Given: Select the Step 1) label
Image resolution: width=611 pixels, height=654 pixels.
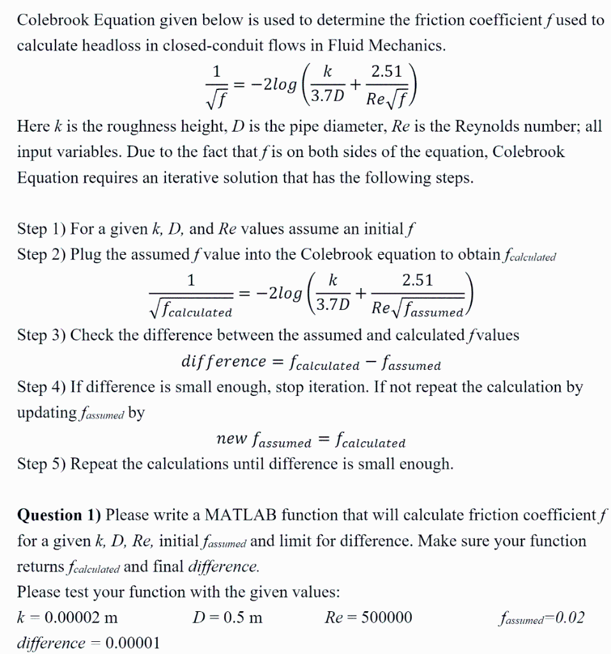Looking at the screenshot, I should (x=41, y=229).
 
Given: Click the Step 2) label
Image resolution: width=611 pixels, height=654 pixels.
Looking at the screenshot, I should (x=41, y=254).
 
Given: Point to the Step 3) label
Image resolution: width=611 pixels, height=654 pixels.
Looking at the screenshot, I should (x=41, y=335).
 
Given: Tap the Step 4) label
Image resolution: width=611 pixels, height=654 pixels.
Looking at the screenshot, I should (x=41, y=386).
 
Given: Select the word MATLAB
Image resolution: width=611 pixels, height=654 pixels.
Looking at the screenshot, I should (x=245, y=515).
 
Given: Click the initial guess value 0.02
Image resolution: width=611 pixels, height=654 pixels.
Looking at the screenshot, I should (x=570, y=618).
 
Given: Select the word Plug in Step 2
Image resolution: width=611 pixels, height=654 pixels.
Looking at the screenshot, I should (x=86, y=254).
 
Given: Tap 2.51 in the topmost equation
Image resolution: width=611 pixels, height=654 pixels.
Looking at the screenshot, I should (x=388, y=72).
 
